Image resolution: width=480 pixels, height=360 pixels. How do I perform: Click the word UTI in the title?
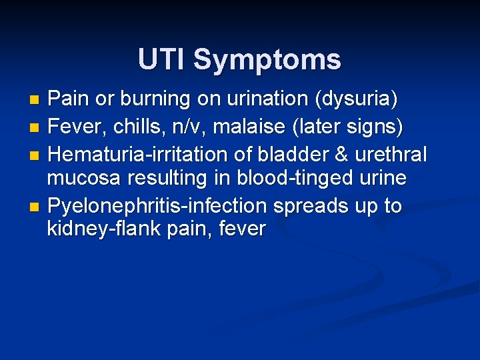click(161, 59)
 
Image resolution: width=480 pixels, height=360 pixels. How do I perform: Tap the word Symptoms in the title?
click(267, 60)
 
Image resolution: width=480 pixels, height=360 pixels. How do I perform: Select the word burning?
click(153, 99)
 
